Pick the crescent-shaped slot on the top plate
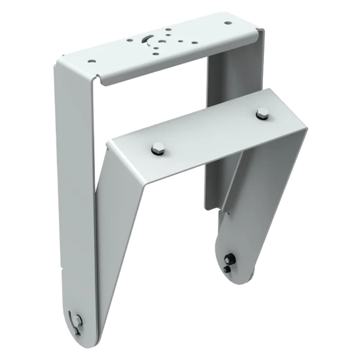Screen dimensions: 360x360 point(148,40)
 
